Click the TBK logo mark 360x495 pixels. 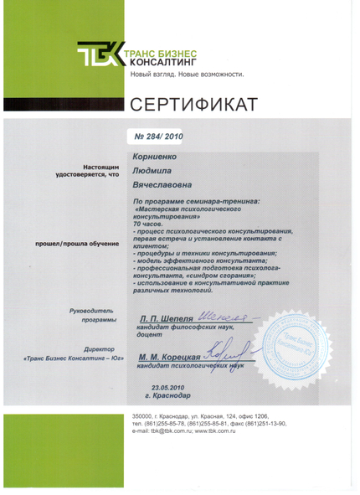pos(100,57)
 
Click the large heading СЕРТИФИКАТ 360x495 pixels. pos(193,104)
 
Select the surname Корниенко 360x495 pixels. pos(156,156)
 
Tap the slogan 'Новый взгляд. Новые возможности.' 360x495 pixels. pos(186,75)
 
